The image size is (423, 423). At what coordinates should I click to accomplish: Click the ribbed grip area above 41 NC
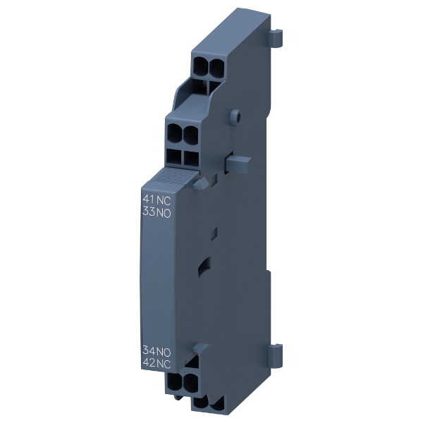[168, 176]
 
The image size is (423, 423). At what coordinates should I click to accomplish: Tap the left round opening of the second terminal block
[174, 132]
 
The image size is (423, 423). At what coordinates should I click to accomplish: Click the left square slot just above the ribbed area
[173, 157]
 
